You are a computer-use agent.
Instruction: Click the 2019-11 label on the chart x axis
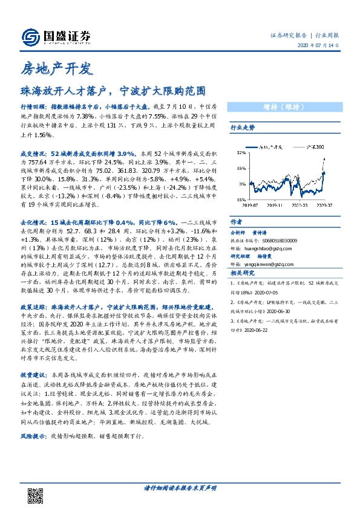(x=274, y=206)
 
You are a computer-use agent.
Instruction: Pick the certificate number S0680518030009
(x=279, y=241)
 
